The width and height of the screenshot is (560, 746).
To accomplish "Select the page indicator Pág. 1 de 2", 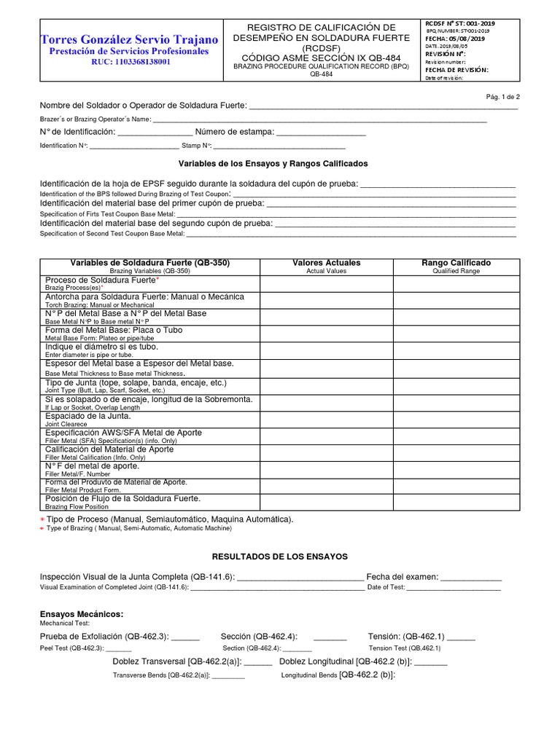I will click(502, 97).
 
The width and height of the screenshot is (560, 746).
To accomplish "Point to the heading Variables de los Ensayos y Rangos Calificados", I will click(273, 164).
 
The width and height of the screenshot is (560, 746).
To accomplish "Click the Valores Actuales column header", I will click(326, 263).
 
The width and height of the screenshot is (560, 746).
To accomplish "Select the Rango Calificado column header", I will click(456, 263).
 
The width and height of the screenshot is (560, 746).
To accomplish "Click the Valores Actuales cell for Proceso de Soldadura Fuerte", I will click(326, 283).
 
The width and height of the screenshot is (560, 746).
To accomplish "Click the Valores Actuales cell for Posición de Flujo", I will click(326, 501).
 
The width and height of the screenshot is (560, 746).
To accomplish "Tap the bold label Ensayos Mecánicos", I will click(81, 614).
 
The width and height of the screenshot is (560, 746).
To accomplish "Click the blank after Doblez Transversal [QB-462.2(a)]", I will click(257, 662).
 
